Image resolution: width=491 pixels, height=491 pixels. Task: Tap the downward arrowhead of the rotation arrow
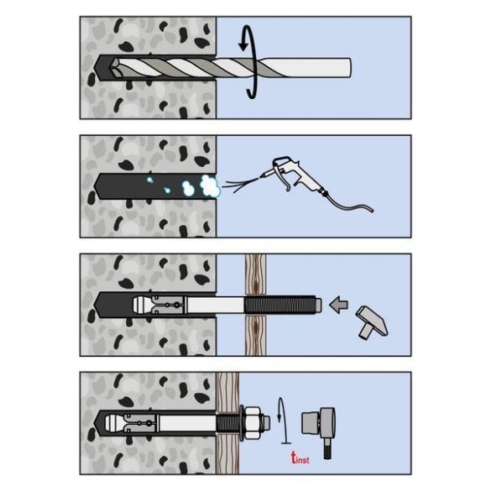click(x=243, y=46)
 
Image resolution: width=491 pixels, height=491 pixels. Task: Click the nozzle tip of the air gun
click(x=262, y=177)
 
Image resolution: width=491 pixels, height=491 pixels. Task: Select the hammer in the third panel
click(x=371, y=322)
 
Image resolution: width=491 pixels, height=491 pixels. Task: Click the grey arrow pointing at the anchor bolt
click(x=338, y=305)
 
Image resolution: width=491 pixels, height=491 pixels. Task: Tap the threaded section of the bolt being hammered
click(x=280, y=305)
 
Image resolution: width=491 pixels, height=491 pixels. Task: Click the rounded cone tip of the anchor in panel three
click(x=139, y=305)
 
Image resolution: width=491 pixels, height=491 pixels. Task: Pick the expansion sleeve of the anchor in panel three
click(x=169, y=305)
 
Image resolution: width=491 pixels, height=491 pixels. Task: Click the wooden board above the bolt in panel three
click(x=255, y=274)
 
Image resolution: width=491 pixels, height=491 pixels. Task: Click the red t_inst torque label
click(x=300, y=458)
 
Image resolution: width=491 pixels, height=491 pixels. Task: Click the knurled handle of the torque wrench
click(x=327, y=448)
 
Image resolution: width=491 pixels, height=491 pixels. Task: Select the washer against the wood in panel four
click(x=242, y=422)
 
